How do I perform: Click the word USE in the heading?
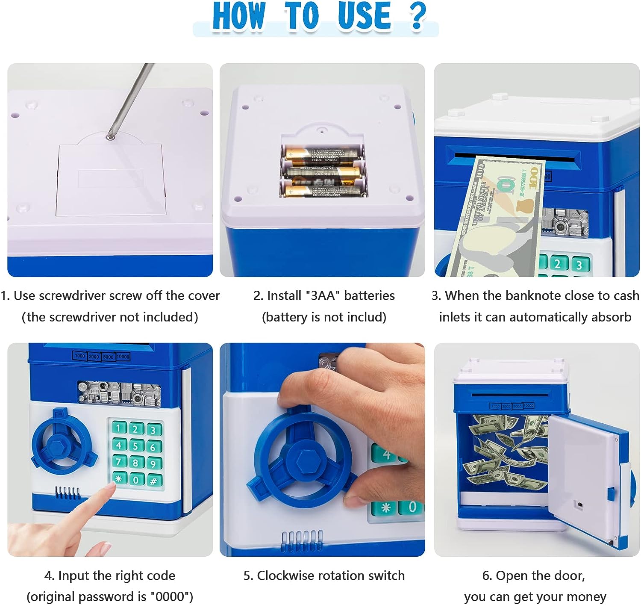(364, 16)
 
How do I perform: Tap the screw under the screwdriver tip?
(111, 137)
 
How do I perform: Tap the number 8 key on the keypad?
(135, 463)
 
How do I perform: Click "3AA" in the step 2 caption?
(322, 295)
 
